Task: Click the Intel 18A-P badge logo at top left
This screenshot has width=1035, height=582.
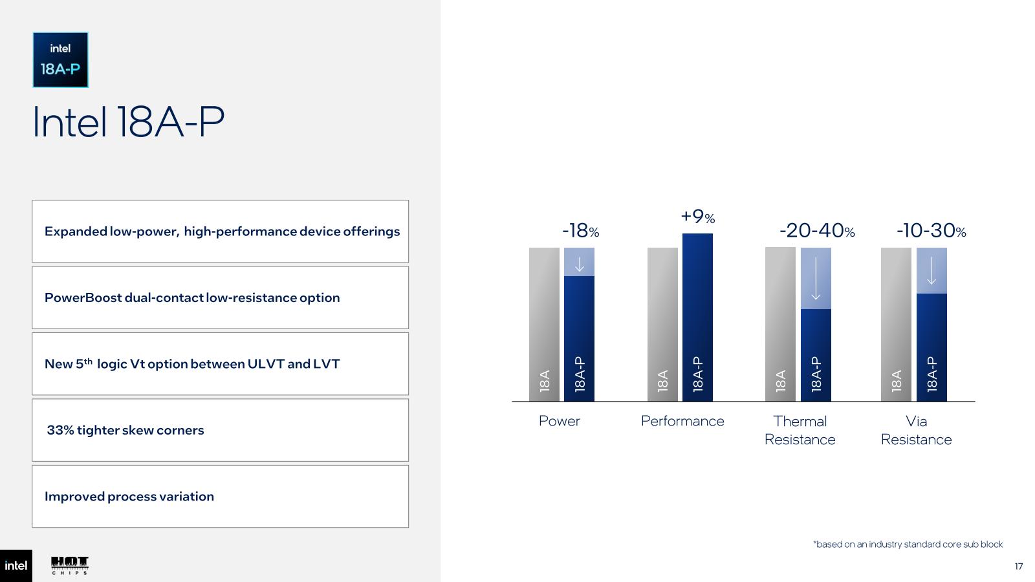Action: [x=61, y=59]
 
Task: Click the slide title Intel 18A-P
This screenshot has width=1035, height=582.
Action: [x=129, y=122]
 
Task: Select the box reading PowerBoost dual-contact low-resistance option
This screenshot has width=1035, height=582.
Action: [x=221, y=297]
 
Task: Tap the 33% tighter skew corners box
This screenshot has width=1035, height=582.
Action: [x=221, y=430]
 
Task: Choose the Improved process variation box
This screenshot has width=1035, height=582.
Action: [x=221, y=497]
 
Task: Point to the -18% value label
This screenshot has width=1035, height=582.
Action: [x=580, y=230]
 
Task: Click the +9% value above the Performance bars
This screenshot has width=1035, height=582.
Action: [x=698, y=216]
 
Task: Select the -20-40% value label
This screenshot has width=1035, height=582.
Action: [x=817, y=230]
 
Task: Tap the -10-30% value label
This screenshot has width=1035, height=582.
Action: [x=931, y=230]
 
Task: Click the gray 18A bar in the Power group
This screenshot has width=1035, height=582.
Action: [x=544, y=324]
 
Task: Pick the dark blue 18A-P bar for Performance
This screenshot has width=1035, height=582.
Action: [x=698, y=318]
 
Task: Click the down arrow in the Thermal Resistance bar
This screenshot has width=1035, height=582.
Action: [x=816, y=279]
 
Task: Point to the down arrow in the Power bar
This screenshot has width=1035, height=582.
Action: [x=580, y=264]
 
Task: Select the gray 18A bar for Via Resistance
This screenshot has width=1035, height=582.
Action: [x=897, y=324]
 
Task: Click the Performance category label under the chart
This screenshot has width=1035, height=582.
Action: [x=682, y=421]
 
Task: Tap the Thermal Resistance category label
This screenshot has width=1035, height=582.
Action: [x=800, y=431]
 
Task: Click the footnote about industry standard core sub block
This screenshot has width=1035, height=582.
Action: [x=908, y=544]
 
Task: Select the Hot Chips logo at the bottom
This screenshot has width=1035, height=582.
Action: [x=70, y=566]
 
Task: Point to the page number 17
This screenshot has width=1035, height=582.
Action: [x=1019, y=566]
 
